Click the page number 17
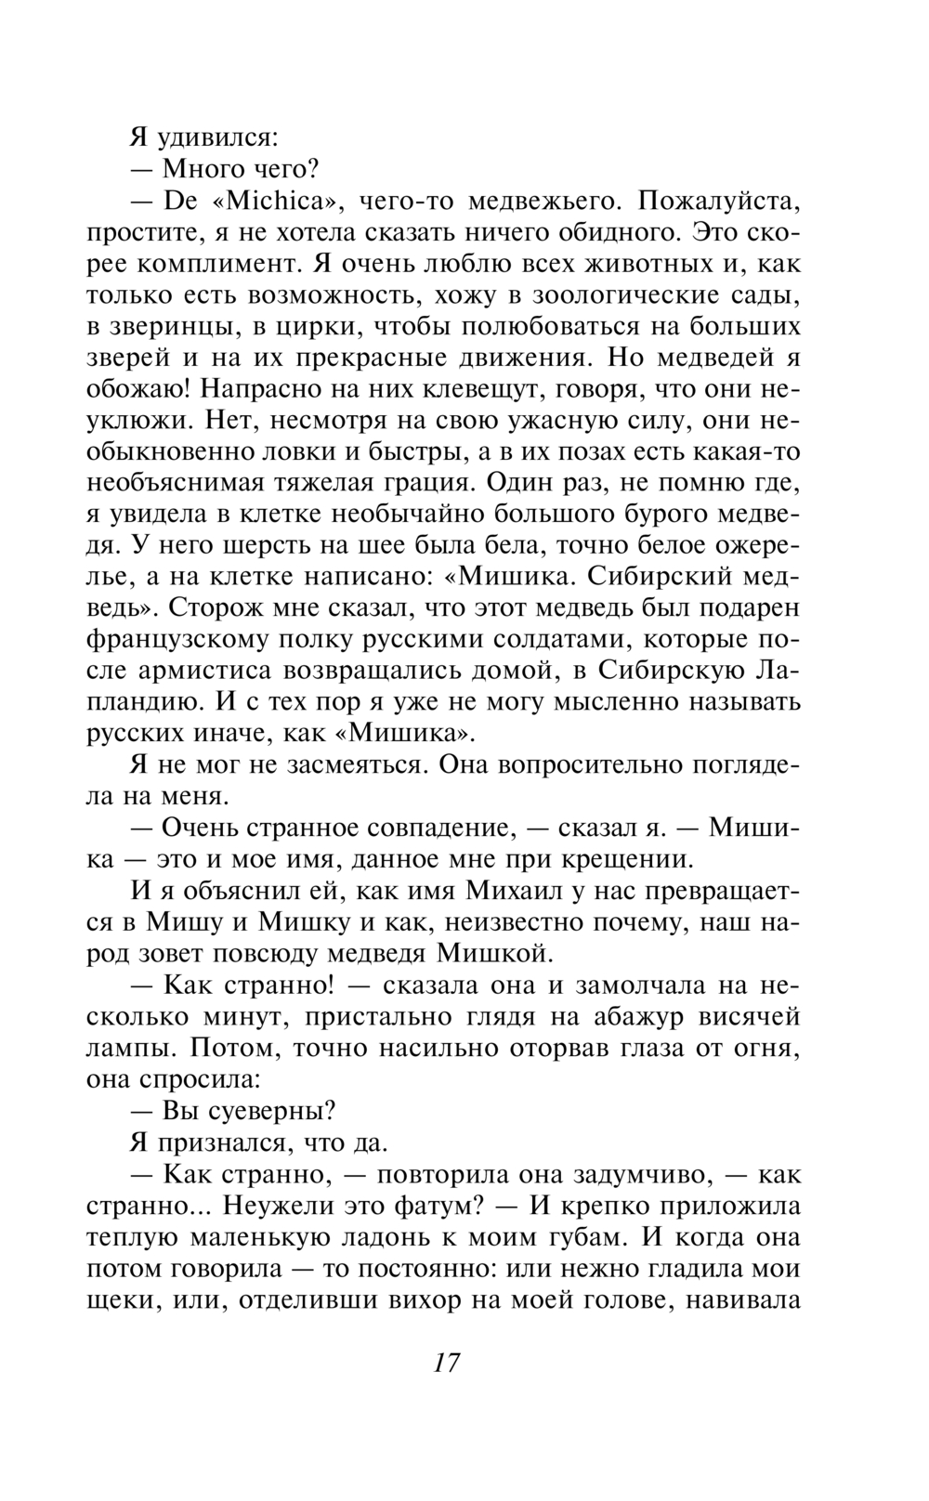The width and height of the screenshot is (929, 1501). [446, 1363]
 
